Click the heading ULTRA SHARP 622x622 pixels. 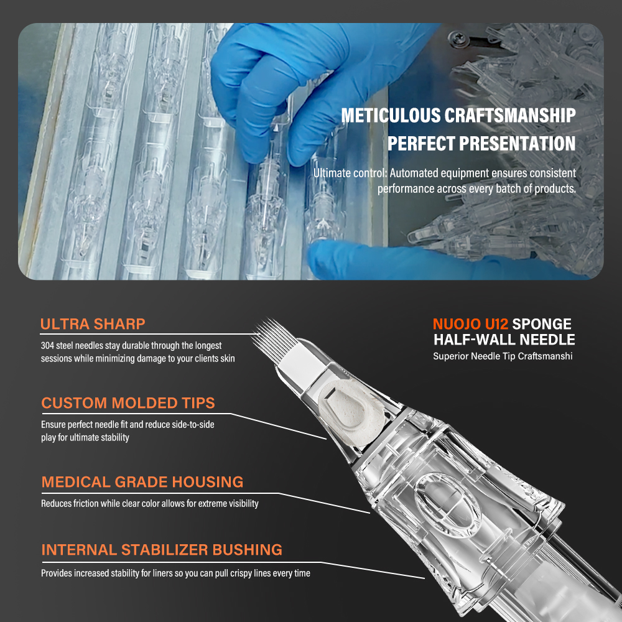93,324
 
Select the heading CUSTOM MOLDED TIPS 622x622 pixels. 128,403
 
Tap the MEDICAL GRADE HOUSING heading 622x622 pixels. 142,482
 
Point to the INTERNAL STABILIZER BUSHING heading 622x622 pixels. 162,550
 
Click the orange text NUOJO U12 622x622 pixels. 470,324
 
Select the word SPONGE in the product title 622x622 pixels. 542,324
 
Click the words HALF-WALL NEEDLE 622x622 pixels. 504,340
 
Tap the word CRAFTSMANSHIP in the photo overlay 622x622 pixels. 510,116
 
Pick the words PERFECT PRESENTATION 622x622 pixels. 481,144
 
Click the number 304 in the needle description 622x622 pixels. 47,345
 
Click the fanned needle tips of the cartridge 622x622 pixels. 275,338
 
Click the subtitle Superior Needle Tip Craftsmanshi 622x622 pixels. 503,356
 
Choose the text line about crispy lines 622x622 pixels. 176,573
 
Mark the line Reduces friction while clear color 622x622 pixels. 150,503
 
